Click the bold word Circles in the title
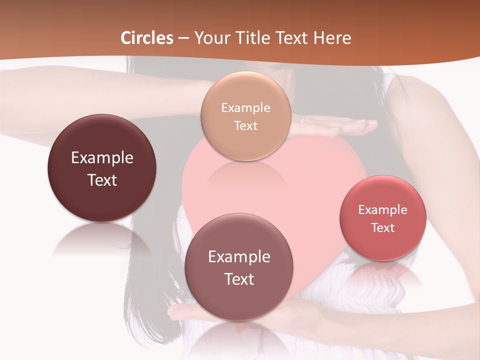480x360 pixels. [146, 38]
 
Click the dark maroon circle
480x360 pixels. [102, 168]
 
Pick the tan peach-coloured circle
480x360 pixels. [245, 116]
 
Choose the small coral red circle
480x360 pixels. [383, 218]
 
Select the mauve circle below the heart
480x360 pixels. [238, 267]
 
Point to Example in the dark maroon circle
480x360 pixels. [102, 158]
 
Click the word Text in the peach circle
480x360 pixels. [245, 125]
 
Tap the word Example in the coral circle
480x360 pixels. [382, 210]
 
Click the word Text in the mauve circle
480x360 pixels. [239, 279]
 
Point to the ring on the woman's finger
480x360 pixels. [302, 120]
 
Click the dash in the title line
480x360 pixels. [183, 38]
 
